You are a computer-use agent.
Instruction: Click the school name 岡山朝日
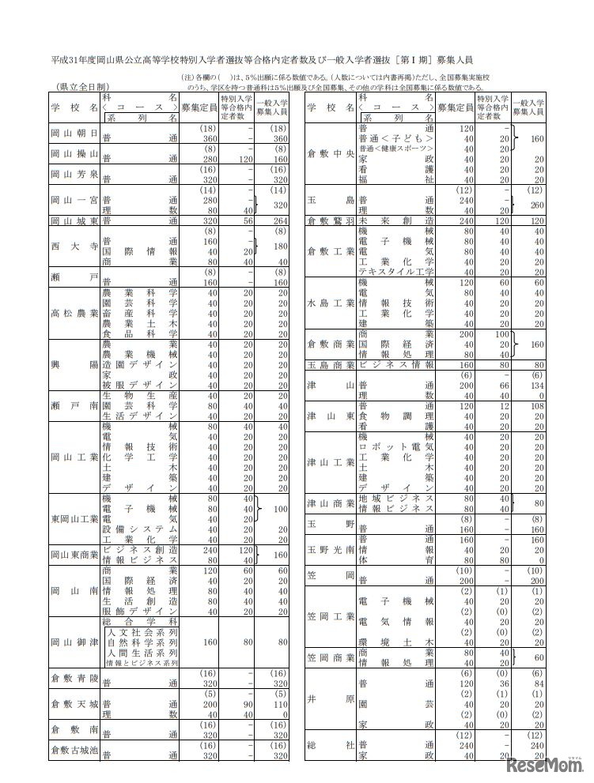point(74,132)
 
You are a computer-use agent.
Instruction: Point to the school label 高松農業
point(74,312)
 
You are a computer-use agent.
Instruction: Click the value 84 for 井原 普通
point(535,683)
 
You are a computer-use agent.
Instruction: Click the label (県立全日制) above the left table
point(83,87)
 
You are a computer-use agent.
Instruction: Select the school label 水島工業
point(329,303)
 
